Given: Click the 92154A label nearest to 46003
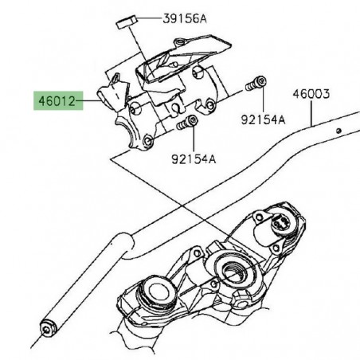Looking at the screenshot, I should (x=262, y=120).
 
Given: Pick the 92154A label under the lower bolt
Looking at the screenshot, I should (x=193, y=158).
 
